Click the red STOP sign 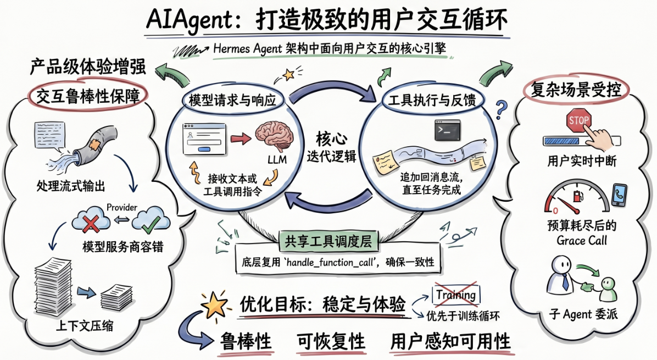(578, 121)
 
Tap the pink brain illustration (275, 136)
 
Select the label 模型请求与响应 (232, 100)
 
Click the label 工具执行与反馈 (432, 101)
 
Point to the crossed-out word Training (456, 295)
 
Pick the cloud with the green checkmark (151, 220)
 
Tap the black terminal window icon (448, 130)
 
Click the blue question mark (500, 110)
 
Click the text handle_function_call (330, 263)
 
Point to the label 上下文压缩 (84, 325)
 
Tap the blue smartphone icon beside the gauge (619, 195)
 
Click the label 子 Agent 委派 (583, 314)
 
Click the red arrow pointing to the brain (241, 138)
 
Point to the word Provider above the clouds (122, 207)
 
